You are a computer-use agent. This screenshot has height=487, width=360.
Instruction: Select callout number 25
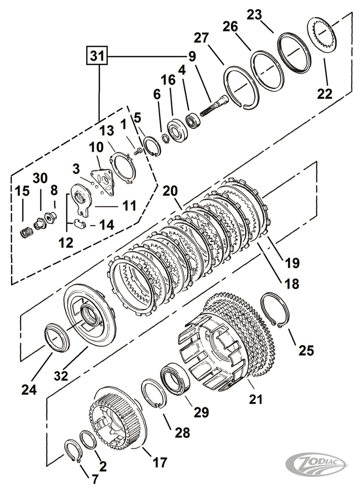[306, 350]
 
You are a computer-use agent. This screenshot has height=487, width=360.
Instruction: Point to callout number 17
[159, 462]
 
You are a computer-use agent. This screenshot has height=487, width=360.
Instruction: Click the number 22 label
[325, 93]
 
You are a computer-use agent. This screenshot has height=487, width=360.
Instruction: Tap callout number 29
[201, 412]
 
